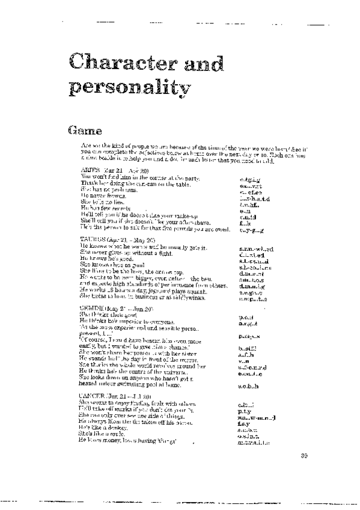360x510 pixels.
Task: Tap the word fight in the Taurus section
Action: pos(162,254)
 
